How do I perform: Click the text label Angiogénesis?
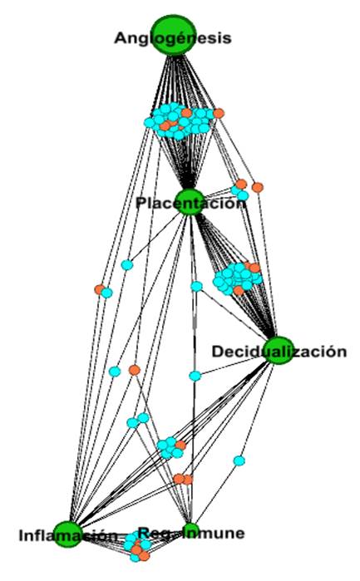pyautogui.click(x=173, y=38)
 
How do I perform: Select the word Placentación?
pyautogui.click(x=190, y=204)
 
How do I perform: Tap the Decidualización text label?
pyautogui.click(x=279, y=352)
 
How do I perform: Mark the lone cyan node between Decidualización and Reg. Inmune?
pyautogui.click(x=239, y=460)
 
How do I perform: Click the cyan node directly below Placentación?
pyautogui.click(x=196, y=287)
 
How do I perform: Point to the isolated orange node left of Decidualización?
pyautogui.click(x=134, y=370)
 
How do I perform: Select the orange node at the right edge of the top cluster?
pyautogui.click(x=219, y=113)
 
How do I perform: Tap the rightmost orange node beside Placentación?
pyautogui.click(x=258, y=186)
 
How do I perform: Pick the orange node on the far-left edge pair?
pyautogui.click(x=99, y=289)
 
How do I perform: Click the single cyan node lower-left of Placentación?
pyautogui.click(x=127, y=265)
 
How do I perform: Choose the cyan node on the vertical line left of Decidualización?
pyautogui.click(x=195, y=376)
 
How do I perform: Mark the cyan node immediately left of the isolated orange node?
pyautogui.click(x=116, y=371)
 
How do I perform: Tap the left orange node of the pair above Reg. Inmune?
pyautogui.click(x=179, y=479)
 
